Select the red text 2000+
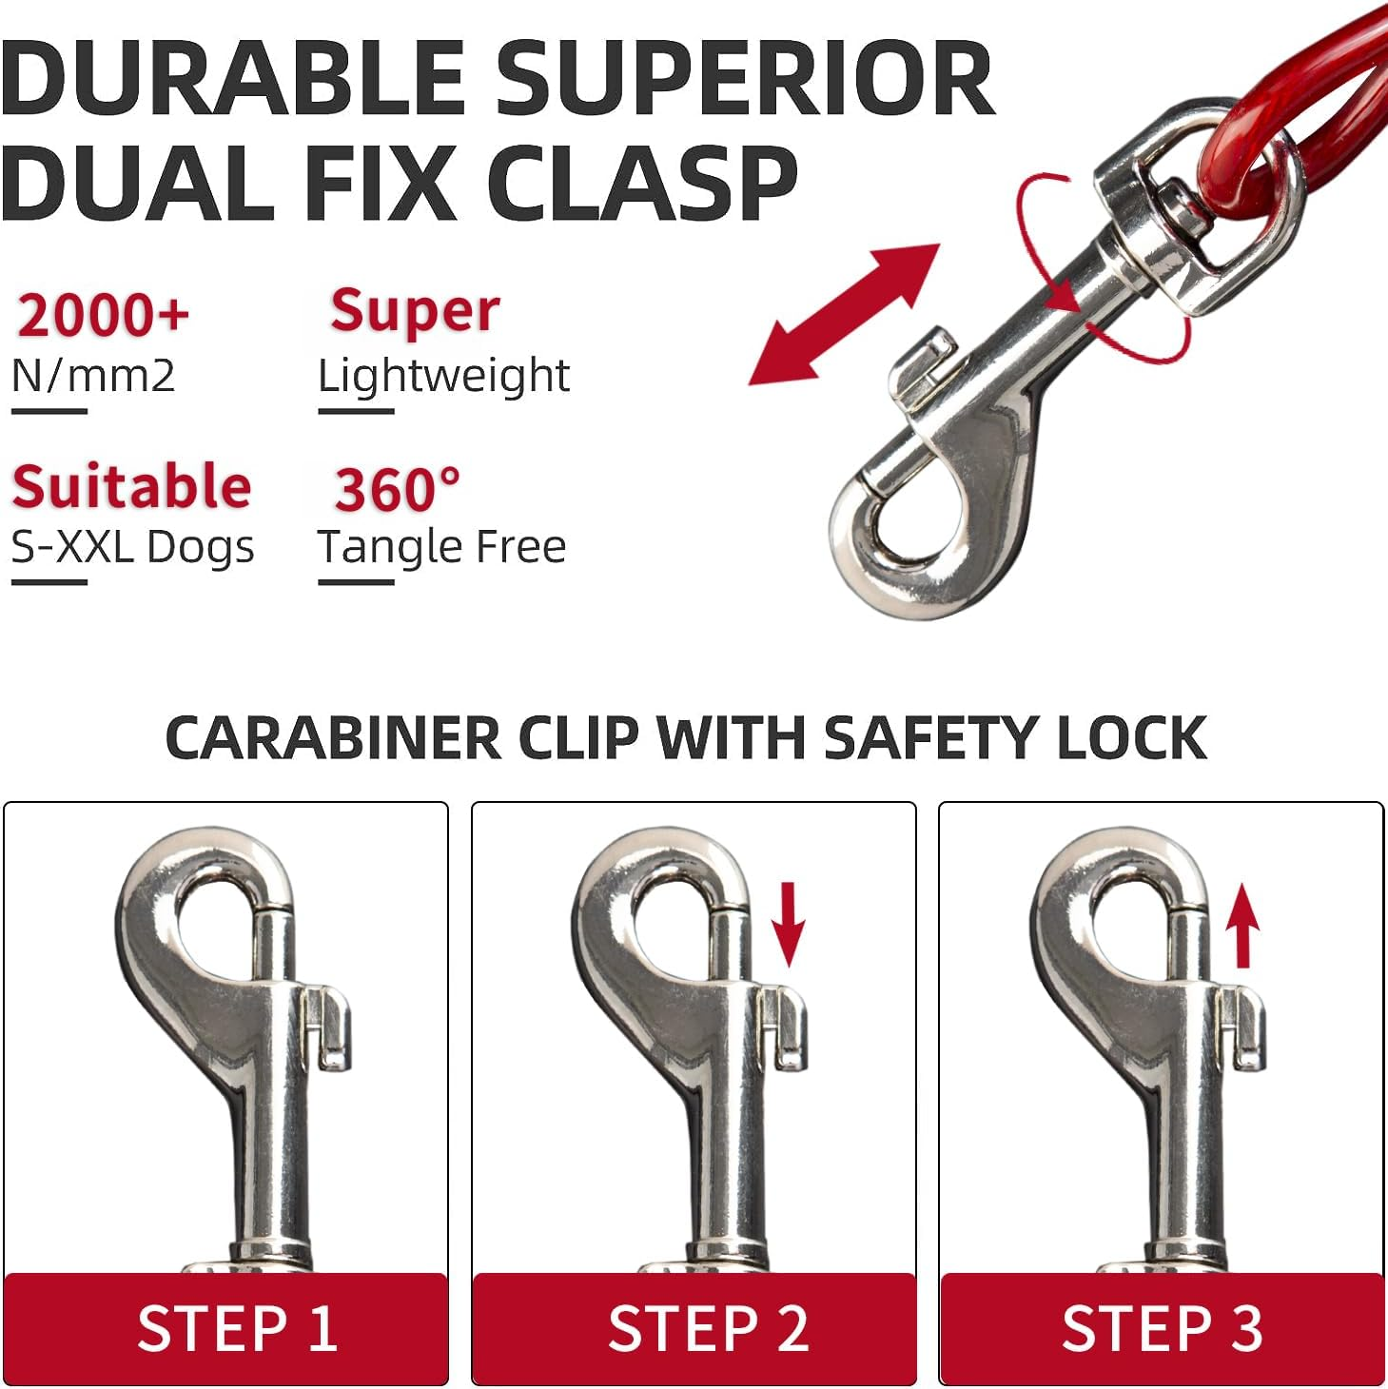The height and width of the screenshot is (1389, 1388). click(x=103, y=314)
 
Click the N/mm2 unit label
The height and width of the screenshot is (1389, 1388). click(x=93, y=376)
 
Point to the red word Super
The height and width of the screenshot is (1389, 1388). click(x=415, y=311)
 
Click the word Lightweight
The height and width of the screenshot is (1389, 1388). click(x=444, y=376)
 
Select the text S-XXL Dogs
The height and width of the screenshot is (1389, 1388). click(x=133, y=547)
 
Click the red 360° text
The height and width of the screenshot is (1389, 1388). click(x=397, y=489)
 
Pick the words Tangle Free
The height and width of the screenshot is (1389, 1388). click(x=442, y=547)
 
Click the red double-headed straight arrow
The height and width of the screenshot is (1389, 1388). click(x=845, y=314)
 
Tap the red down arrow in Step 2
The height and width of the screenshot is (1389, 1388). click(x=788, y=924)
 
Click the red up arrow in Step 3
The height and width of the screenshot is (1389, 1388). click(x=1242, y=926)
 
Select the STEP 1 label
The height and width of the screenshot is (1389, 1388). click(x=237, y=1328)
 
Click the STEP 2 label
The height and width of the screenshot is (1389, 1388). click(x=708, y=1328)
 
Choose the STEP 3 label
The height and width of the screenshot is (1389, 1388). click(x=1163, y=1328)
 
